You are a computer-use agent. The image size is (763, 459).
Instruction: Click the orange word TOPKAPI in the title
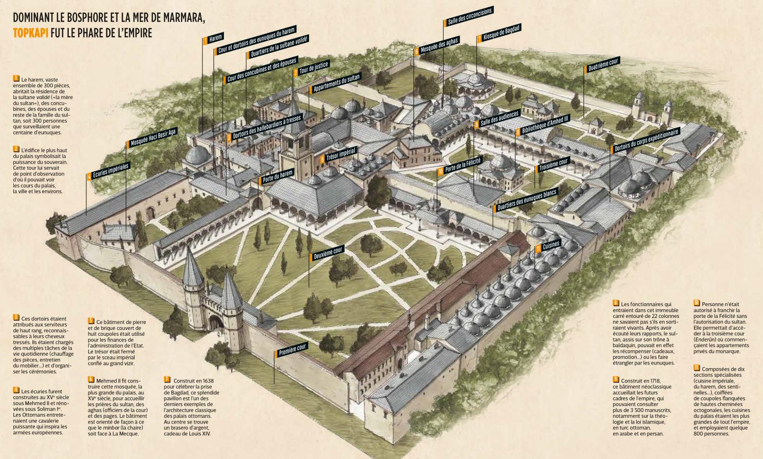[31, 33]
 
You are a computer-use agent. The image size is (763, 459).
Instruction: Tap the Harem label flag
[213, 39]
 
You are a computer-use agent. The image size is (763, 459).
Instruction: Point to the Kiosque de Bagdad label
[499, 33]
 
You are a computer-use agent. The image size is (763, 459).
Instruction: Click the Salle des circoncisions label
[468, 16]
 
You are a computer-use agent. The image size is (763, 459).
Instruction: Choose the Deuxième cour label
[327, 253]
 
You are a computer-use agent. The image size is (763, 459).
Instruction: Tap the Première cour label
[292, 350]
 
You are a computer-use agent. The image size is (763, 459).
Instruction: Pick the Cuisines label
[548, 246]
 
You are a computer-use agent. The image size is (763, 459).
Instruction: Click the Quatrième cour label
[602, 65]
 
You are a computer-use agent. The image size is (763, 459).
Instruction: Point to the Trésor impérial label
[338, 155]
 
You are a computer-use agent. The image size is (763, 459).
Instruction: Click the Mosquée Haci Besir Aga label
[152, 138]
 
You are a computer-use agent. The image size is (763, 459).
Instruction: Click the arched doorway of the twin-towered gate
[216, 322]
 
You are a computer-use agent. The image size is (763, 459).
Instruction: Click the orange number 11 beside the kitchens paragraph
[697, 368]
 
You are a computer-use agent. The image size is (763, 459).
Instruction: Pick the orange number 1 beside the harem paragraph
[16, 79]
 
